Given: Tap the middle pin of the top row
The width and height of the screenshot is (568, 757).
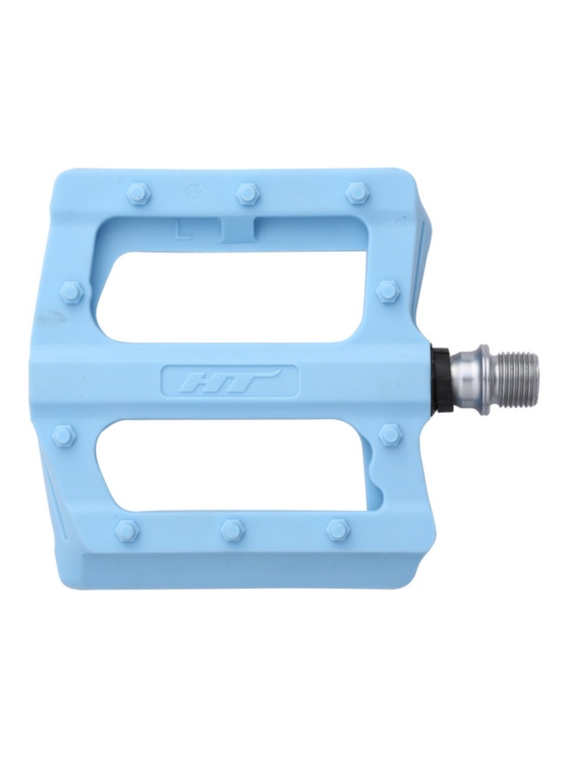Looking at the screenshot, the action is (247, 194).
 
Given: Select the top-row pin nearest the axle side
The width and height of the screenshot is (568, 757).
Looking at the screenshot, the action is (358, 193).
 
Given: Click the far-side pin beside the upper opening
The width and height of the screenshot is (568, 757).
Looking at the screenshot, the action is (74, 291).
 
